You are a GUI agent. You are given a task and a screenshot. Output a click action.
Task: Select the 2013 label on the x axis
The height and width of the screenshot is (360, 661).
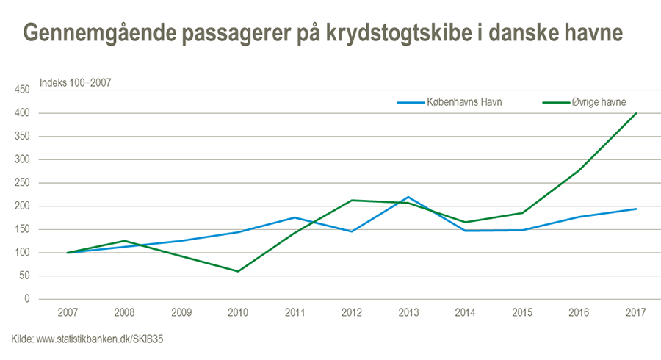point(408,313)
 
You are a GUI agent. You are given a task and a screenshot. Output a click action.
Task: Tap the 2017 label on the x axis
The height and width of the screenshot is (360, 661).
point(635,313)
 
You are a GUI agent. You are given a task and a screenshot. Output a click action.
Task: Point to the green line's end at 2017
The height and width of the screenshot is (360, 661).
point(636,113)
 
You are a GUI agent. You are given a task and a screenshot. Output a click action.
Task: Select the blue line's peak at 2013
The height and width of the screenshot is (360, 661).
point(408,197)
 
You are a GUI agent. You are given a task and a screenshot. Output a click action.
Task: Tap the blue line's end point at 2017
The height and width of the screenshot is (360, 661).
point(636,209)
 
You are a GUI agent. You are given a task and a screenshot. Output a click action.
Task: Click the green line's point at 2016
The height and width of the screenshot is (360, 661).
point(579,170)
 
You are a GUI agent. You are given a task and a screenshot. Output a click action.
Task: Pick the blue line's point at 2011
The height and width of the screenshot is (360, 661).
point(295,217)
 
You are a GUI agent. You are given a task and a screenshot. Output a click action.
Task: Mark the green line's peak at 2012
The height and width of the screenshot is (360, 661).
point(352,200)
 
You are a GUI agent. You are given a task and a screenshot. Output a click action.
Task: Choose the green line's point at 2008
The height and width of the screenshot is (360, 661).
point(125,241)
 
